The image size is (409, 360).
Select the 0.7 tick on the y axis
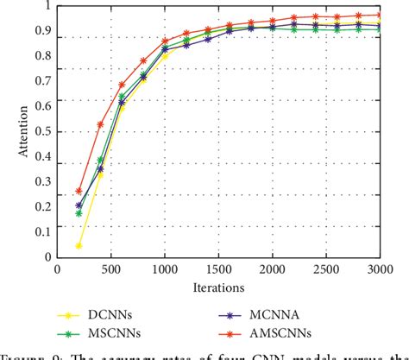pos(42,82)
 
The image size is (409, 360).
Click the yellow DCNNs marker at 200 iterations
pos(79,245)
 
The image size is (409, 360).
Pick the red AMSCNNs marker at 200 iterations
pos(79,191)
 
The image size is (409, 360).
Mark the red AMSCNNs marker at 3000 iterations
pos(380,15)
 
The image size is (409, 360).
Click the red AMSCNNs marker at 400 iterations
pos(101,124)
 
